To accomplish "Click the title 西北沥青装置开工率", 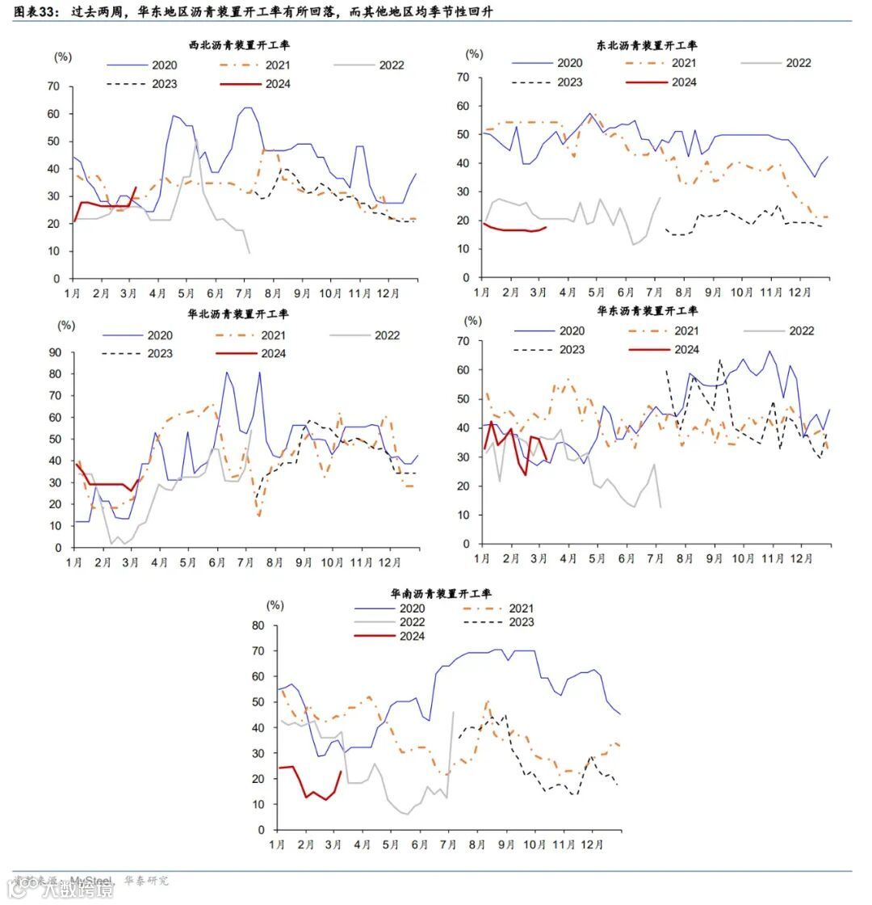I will [238, 46].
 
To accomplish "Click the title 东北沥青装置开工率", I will [648, 46].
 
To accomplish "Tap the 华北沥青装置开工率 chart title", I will [238, 314].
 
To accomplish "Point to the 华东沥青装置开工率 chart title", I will [648, 310].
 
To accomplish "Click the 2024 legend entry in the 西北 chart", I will [277, 84].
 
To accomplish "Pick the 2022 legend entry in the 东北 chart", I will [799, 63].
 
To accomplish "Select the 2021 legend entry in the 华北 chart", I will [274, 335].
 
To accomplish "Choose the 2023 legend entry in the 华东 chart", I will [572, 349].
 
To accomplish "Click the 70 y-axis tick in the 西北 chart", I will [54, 86].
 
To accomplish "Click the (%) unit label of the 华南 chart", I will [275, 604].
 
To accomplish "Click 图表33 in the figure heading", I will [36, 11].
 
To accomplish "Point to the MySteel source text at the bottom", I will [90, 881].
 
